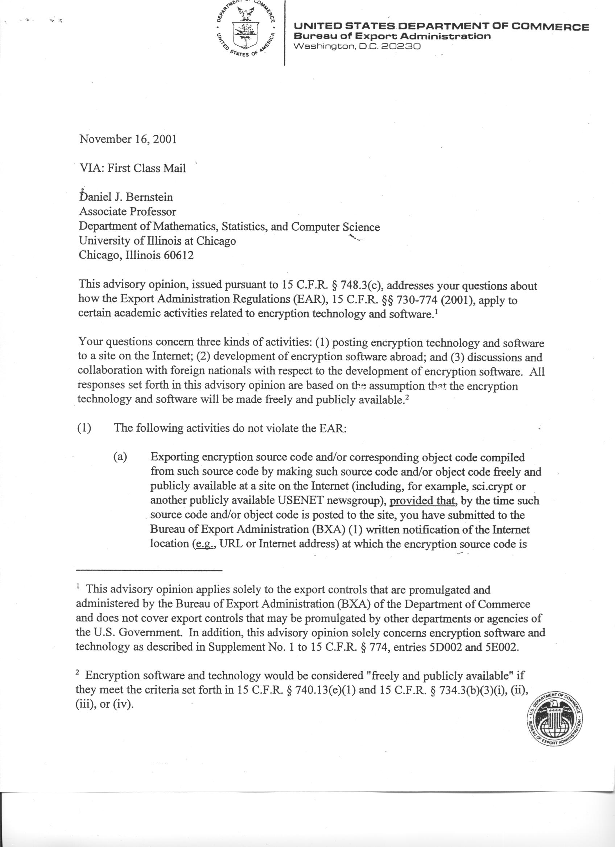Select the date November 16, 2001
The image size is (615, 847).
(x=128, y=139)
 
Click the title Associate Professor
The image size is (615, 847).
(x=128, y=212)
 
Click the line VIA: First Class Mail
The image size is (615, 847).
(x=133, y=168)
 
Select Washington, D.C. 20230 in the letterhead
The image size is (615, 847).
(x=358, y=47)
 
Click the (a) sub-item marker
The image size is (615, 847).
(x=120, y=457)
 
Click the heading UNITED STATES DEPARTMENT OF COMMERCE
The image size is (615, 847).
(x=442, y=27)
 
